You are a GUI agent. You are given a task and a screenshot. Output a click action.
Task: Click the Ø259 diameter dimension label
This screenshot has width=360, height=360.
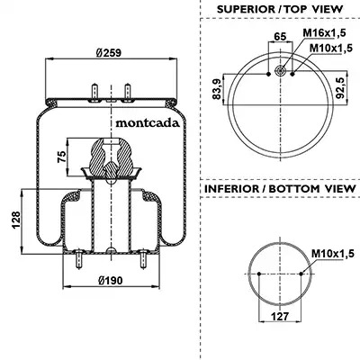pyautogui.click(x=109, y=53)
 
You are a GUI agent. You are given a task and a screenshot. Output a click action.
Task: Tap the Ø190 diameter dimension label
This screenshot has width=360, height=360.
pyautogui.click(x=111, y=281)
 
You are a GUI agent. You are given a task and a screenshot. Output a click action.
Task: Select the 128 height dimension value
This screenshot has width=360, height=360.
pyautogui.click(x=15, y=220)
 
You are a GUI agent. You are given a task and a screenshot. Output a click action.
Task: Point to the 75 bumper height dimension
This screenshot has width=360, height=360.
pyautogui.click(x=61, y=157)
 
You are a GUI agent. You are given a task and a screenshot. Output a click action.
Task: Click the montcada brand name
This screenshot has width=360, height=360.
pyautogui.click(x=148, y=122)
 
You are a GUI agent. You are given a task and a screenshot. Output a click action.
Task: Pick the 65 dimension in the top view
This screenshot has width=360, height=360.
pyautogui.click(x=280, y=36)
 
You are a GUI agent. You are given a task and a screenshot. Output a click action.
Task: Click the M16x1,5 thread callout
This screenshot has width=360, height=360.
pyautogui.click(x=324, y=32)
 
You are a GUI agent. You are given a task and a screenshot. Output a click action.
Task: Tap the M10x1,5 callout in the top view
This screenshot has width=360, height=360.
pyautogui.click(x=331, y=48)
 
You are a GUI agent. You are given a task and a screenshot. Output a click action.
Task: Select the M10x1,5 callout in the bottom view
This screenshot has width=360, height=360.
pyautogui.click(x=333, y=254)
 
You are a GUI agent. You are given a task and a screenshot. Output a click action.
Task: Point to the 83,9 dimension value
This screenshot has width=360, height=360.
pyautogui.click(x=217, y=88)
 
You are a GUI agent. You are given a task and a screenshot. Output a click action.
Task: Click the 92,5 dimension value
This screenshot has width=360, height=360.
pyautogui.click(x=340, y=87)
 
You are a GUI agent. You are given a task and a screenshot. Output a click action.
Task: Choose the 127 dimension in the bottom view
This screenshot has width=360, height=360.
pyautogui.click(x=280, y=316)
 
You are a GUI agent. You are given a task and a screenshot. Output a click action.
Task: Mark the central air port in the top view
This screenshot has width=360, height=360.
pyautogui.click(x=281, y=71)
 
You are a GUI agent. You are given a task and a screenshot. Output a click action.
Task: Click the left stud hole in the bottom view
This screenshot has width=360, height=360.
pyautogui.click(x=259, y=274)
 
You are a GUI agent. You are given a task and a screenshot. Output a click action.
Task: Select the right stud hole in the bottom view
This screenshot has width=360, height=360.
pyautogui.click(x=301, y=274)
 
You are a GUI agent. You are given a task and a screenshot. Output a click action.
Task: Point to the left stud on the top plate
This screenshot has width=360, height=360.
pyautogui.click(x=94, y=92)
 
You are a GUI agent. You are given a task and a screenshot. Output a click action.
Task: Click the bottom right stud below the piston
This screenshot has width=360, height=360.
pyautogui.click(x=143, y=259)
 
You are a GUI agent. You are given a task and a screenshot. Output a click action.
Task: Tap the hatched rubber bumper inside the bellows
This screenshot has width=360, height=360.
pyautogui.click(x=112, y=157)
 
